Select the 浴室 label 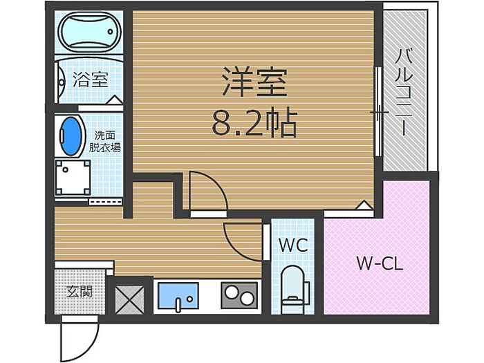90,79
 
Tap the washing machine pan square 73,177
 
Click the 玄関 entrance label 80,292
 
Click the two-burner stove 239,296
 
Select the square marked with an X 128,296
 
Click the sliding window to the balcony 377,111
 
